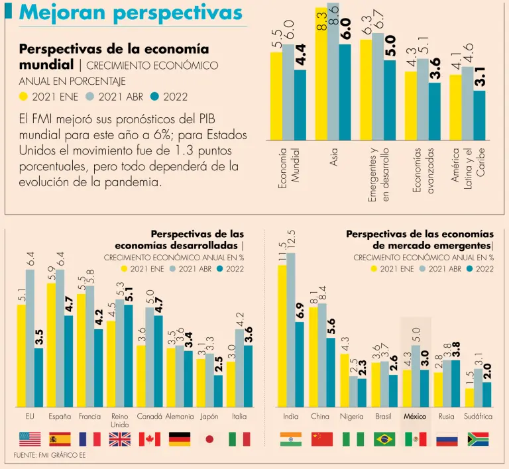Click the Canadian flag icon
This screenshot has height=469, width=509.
coord(149,439)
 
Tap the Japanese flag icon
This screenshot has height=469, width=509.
coord(209,439)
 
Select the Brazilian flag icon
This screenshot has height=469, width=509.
coord(384,439)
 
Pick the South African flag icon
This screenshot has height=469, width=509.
coord(478,439)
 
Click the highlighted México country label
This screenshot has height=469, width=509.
coord(416,417)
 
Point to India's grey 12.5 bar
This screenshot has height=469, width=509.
coord(290,331)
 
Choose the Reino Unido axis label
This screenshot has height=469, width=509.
coord(119,420)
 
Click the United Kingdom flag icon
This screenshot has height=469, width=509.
coord(119,439)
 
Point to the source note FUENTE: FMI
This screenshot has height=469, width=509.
coord(50,456)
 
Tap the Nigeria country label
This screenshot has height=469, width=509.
coord(351,417)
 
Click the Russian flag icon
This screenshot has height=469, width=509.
coord(447,439)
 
